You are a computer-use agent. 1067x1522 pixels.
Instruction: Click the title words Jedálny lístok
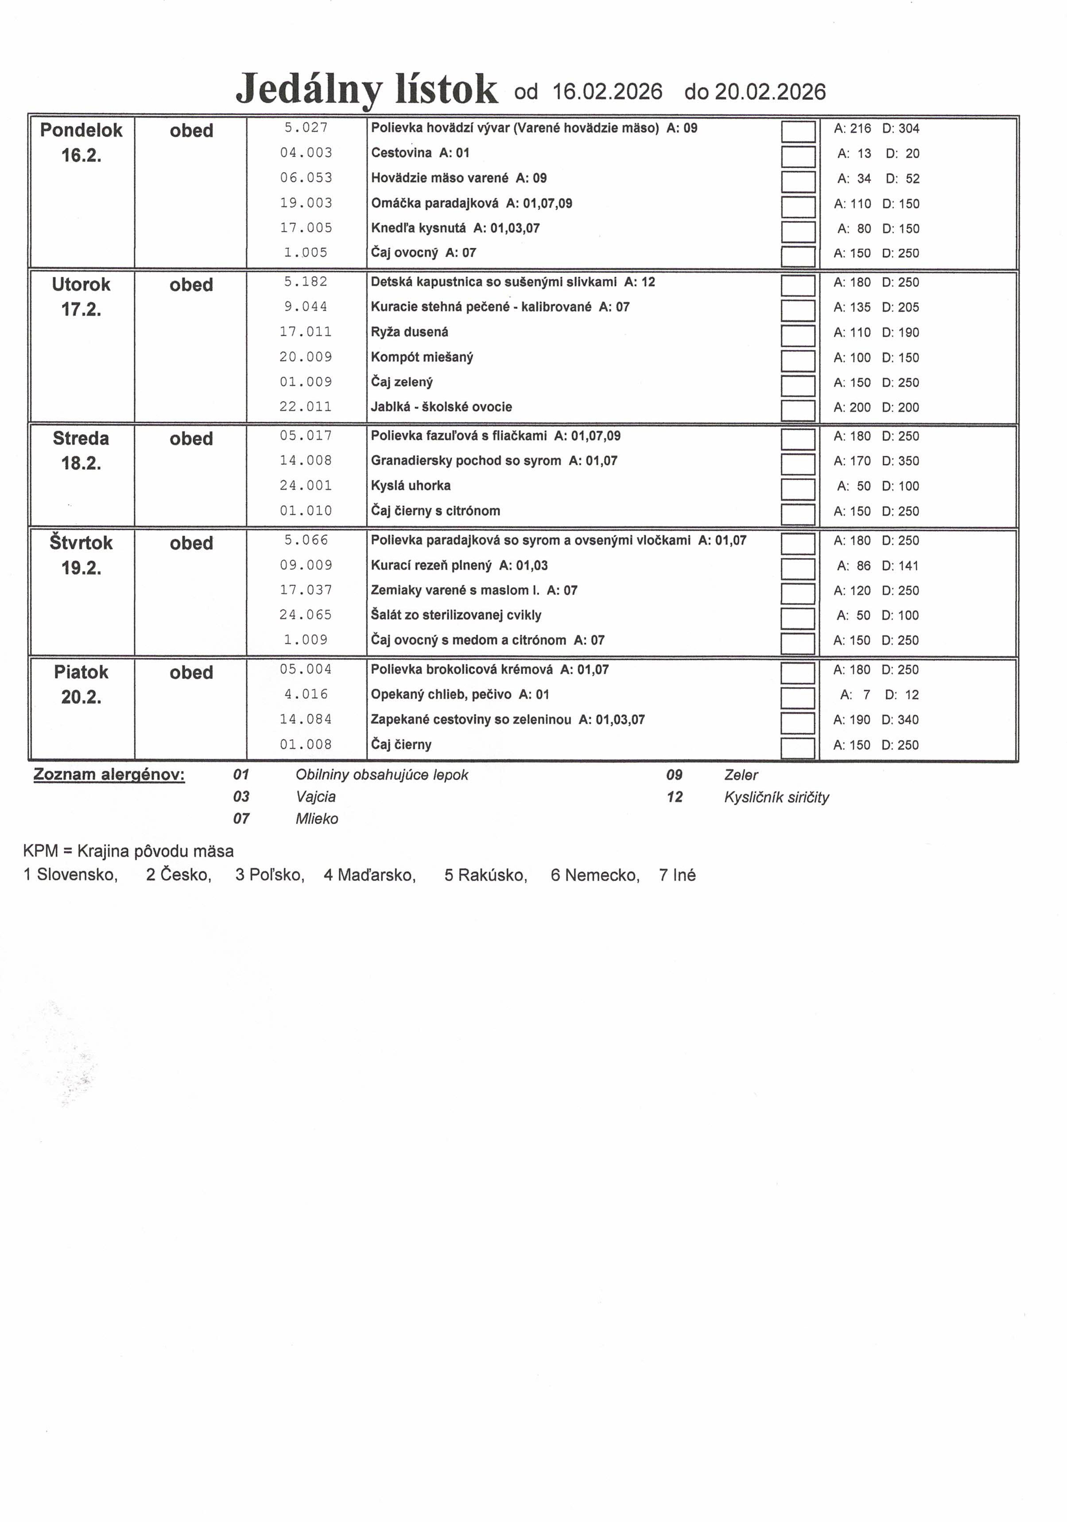[366, 90]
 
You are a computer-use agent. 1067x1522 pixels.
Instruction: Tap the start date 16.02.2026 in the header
[607, 91]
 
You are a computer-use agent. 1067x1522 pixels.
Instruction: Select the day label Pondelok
[81, 130]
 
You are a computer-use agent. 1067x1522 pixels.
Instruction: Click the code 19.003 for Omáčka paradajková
[306, 203]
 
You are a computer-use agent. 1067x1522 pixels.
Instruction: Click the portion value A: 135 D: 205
[876, 307]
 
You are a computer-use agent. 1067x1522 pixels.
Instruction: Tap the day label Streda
[81, 438]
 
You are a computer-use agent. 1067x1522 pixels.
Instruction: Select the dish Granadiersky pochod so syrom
[466, 461]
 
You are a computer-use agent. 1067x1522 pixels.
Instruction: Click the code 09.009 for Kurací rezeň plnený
[306, 565]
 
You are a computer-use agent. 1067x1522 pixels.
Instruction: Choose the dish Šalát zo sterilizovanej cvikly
[456, 615]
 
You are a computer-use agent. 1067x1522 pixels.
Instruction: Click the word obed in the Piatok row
[191, 672]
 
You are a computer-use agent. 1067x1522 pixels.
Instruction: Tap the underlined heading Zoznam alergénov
[109, 774]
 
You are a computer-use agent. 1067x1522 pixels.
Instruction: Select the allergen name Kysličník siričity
[776, 797]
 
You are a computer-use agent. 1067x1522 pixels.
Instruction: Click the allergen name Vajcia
[315, 796]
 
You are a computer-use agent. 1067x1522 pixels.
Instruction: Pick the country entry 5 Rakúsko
[486, 875]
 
